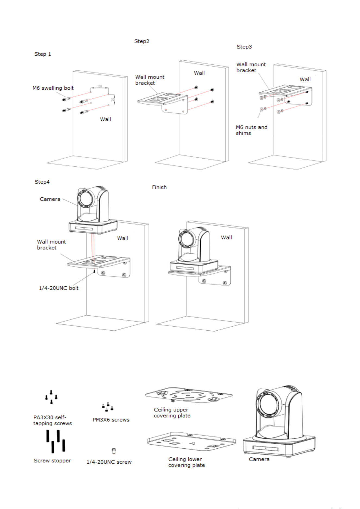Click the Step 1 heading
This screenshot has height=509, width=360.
point(43,54)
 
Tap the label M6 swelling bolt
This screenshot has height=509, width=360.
point(53,88)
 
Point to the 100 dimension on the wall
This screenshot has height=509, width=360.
point(100,86)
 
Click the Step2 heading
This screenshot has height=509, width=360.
point(142,41)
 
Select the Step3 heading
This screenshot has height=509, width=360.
point(244,47)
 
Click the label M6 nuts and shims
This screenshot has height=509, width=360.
point(252,130)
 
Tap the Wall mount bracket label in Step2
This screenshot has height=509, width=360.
point(150,80)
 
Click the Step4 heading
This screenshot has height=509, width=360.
point(42,182)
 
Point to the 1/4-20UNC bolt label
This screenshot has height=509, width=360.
point(59,288)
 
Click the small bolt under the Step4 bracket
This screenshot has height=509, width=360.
point(94,271)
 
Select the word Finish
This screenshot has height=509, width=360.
point(159,187)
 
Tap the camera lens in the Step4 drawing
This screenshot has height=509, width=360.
point(85,199)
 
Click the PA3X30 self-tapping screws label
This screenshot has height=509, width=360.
point(52,420)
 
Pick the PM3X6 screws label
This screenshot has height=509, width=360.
point(111,420)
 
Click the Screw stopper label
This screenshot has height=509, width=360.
point(52,461)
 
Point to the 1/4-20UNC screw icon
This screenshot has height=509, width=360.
point(114,451)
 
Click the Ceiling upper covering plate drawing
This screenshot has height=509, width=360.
point(188,395)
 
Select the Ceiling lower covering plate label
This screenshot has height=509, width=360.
point(187,462)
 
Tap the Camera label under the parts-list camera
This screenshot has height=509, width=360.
point(259,459)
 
